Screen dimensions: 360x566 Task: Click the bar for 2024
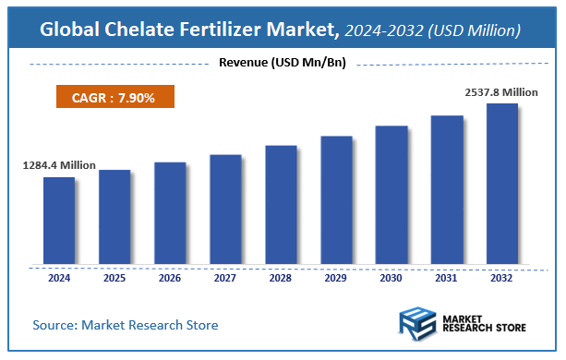pos(58,220)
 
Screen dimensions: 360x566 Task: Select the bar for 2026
pos(169,212)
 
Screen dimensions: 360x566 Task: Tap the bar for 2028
pos(280,204)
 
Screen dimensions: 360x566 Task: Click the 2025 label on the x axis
pos(114,277)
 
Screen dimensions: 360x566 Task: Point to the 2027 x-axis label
pos(225,277)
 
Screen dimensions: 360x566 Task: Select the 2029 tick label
pos(336,277)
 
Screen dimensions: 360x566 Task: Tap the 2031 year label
pos(447,277)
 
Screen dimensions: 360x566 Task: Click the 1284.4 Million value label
pos(59,165)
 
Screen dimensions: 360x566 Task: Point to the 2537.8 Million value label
pos(500,92)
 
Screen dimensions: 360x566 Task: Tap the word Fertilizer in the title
pos(236,30)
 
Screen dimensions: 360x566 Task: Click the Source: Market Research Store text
pos(126,325)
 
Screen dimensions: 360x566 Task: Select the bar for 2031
pos(446,189)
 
